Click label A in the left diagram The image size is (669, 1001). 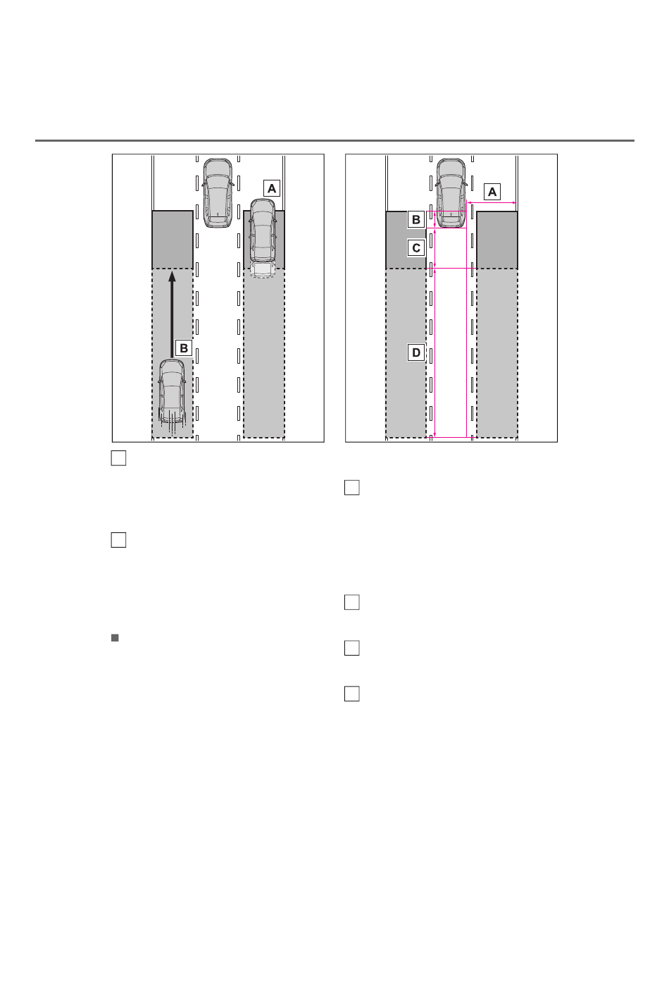tap(271, 189)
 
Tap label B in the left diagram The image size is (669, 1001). tap(183, 348)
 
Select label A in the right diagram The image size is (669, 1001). tap(492, 192)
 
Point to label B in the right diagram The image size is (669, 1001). tap(416, 220)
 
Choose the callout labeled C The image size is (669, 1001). tap(416, 247)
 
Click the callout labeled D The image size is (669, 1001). tap(416, 352)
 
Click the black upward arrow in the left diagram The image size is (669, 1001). tap(172, 314)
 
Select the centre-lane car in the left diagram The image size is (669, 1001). tap(218, 193)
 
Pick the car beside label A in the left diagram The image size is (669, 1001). tap(263, 237)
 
